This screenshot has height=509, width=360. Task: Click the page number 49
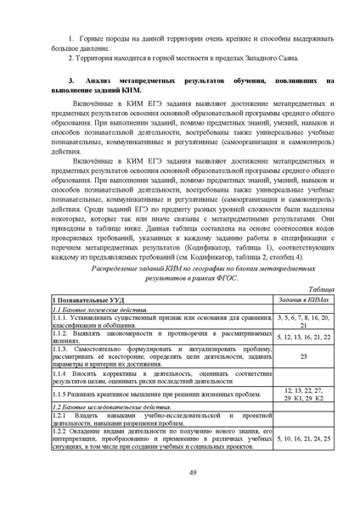coord(180,473)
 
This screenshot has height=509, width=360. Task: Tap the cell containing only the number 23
coord(303,356)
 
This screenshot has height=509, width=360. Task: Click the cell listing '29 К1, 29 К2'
coord(303,397)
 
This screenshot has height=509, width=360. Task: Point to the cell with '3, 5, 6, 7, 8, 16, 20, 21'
coord(303,320)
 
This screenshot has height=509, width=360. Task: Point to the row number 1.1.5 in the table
coord(63,393)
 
